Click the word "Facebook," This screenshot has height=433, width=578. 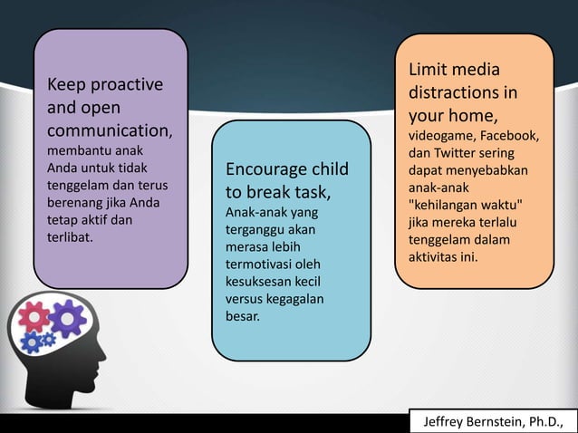(x=515, y=137)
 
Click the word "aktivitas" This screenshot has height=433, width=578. (x=433, y=257)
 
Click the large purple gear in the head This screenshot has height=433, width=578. (x=67, y=319)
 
